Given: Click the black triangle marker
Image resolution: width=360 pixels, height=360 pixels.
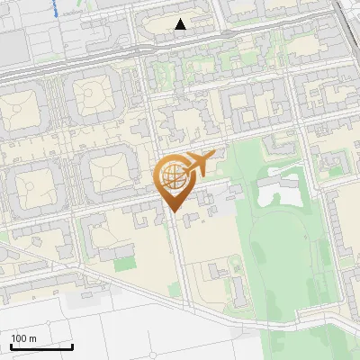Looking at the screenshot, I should (181, 24).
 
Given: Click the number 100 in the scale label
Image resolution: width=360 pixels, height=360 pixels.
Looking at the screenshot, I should (19, 338).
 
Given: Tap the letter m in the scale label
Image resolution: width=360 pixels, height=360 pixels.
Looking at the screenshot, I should (32, 338).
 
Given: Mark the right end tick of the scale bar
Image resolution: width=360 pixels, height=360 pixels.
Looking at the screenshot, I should (72, 345).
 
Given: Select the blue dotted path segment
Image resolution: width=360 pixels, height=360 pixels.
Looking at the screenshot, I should (56, 9).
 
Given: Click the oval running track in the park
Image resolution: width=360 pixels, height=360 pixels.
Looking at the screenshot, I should (286, 261).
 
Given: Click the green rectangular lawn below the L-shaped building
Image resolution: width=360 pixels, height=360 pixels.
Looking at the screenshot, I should (123, 263).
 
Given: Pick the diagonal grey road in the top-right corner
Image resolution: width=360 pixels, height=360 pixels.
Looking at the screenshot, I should (346, 22).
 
